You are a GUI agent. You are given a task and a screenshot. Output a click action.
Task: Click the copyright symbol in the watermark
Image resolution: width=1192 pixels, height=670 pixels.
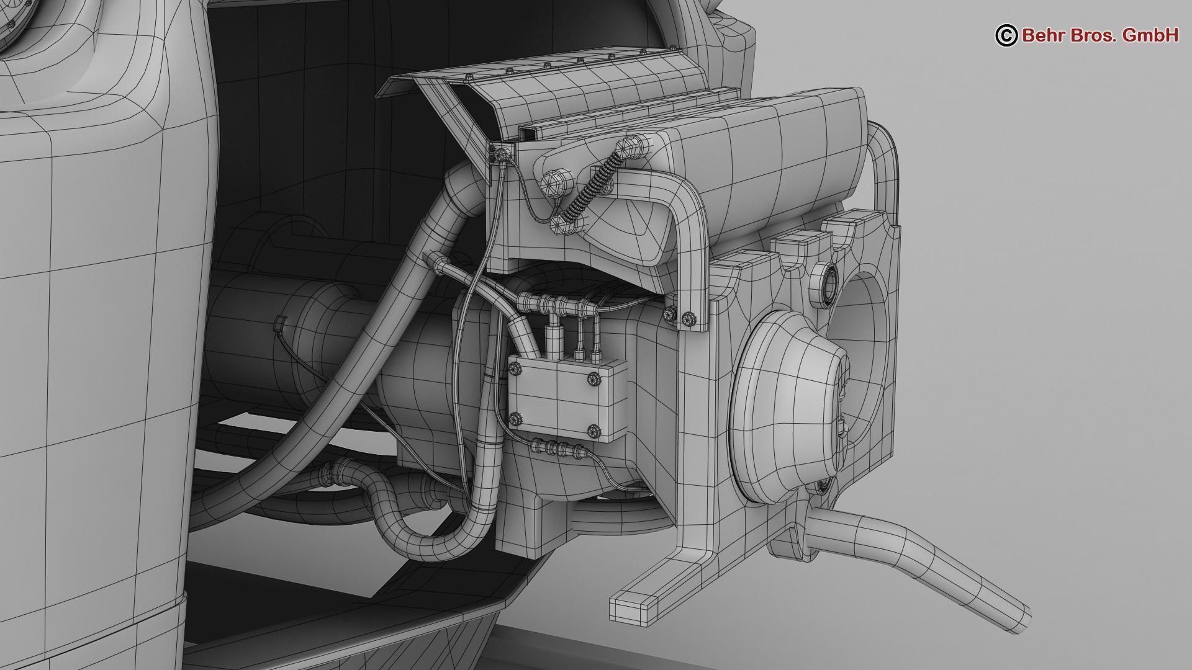pyautogui.click(x=1006, y=35)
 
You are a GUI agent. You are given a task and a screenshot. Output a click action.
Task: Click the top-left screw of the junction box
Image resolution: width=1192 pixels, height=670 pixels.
pyautogui.click(x=515, y=370)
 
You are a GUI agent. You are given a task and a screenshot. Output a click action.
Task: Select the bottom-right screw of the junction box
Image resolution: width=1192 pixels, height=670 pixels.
pyautogui.click(x=593, y=430)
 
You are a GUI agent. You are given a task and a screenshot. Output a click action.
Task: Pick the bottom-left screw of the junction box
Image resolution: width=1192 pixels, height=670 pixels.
pyautogui.click(x=515, y=419)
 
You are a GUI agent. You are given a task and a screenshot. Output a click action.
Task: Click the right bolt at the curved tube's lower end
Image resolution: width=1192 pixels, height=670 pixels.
pyautogui.click(x=688, y=319)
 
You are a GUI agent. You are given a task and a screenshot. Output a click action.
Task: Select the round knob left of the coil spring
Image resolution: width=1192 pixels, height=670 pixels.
pyautogui.click(x=551, y=184)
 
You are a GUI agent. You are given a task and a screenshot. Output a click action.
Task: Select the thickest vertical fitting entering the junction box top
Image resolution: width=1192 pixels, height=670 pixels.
pyautogui.click(x=551, y=338)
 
